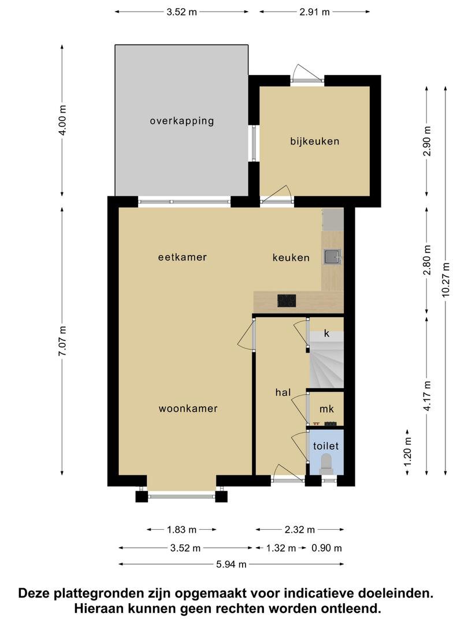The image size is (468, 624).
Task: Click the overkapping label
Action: (x=182, y=121)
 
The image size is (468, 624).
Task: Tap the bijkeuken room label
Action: (x=315, y=142)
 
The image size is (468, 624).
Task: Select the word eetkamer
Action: (x=183, y=257)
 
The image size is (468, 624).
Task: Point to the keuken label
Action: (x=291, y=258)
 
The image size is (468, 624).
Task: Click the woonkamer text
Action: (x=188, y=408)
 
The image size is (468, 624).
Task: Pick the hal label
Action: (x=283, y=392)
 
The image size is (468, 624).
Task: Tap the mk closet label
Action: (x=326, y=408)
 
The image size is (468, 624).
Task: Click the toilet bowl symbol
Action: (x=326, y=464)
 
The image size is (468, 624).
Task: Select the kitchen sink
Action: (x=332, y=257)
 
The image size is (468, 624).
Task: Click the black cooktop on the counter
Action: (x=287, y=300)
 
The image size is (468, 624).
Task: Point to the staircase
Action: (x=326, y=360)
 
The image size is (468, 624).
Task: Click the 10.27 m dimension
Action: (x=445, y=280)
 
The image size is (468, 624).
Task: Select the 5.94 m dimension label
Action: (x=231, y=564)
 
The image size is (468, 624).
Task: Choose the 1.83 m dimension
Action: (x=181, y=529)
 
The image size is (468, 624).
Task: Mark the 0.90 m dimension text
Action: (x=326, y=548)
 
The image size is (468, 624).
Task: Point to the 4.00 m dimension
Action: (x=62, y=120)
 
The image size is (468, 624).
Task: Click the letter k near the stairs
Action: (x=326, y=333)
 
